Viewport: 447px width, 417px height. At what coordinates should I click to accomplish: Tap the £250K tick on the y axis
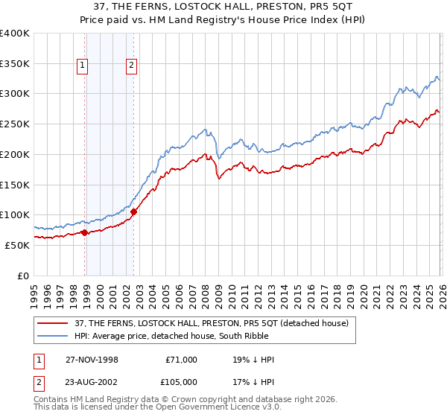[x=15, y=124]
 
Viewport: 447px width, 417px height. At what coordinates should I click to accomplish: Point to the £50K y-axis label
[x=17, y=245]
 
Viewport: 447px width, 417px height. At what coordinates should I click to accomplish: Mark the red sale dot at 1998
[x=85, y=232]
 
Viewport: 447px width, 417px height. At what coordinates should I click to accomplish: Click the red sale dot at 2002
[x=134, y=211]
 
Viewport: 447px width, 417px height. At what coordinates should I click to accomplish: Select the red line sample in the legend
[x=54, y=322]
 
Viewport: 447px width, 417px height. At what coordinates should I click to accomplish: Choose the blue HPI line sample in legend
[x=54, y=336]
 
